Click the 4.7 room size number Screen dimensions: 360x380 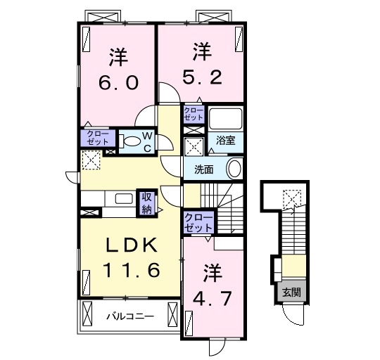tap(213, 297)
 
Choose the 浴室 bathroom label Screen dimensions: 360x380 tap(225, 141)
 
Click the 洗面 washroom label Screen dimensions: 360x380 tap(204, 169)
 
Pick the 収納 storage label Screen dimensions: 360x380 tap(146, 202)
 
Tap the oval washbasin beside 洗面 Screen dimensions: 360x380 tap(234, 169)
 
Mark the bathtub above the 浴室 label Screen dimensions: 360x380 tap(225, 119)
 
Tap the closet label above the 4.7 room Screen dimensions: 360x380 tap(197, 223)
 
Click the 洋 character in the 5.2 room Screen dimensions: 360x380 tap(202, 51)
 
